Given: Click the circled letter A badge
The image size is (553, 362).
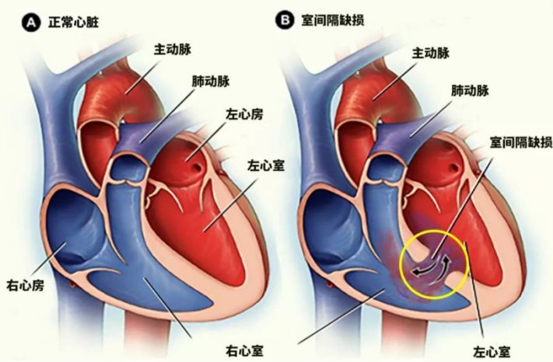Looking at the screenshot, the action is coord(31,23).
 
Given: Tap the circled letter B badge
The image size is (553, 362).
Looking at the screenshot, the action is coord(285,20).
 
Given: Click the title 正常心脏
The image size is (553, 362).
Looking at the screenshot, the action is coord(73,23).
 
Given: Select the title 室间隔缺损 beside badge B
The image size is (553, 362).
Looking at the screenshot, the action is coord(333,19).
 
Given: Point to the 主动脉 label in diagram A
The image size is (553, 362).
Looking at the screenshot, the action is coord(173,49).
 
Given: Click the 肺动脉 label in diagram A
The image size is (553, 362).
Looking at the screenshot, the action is coord(211,82).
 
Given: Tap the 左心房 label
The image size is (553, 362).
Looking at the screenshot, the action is coord(244,114).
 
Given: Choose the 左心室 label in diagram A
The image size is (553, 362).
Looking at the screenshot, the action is coord(266,165).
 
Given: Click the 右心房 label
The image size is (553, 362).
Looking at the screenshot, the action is coord(26,285).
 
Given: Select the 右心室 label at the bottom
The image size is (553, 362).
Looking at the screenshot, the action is coord(244,350).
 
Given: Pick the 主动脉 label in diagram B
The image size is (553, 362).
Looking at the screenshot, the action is coord(431,53).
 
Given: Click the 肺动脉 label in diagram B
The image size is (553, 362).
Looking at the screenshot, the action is coord(470,91).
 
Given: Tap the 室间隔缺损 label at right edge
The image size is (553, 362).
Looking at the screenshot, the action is coord(521,142).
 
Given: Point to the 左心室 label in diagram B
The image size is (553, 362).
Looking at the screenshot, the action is coord(492,351).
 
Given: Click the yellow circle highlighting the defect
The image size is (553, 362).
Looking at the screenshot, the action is coord(434,231).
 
